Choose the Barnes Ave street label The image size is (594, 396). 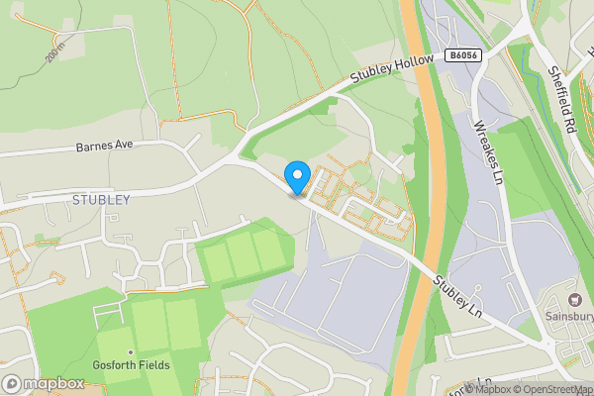coord(104,147)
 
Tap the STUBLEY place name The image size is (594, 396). coord(101,199)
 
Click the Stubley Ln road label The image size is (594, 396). coord(457,296)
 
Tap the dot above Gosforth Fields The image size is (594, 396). coord(130,352)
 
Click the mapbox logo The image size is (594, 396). coord(44,383)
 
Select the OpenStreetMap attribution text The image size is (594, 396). coord(548,389)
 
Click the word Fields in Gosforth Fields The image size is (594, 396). coord(154,365)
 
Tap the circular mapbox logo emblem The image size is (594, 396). coord(12,383)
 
